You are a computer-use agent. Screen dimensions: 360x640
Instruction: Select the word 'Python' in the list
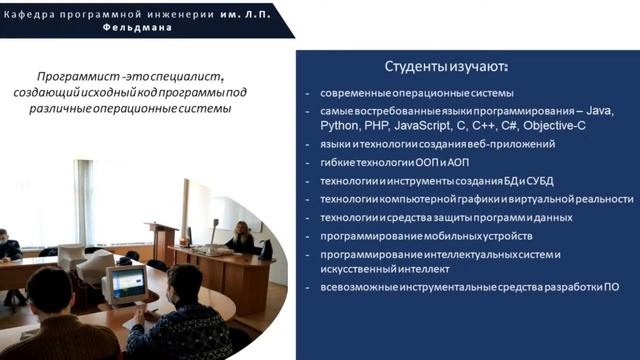[339, 126]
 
